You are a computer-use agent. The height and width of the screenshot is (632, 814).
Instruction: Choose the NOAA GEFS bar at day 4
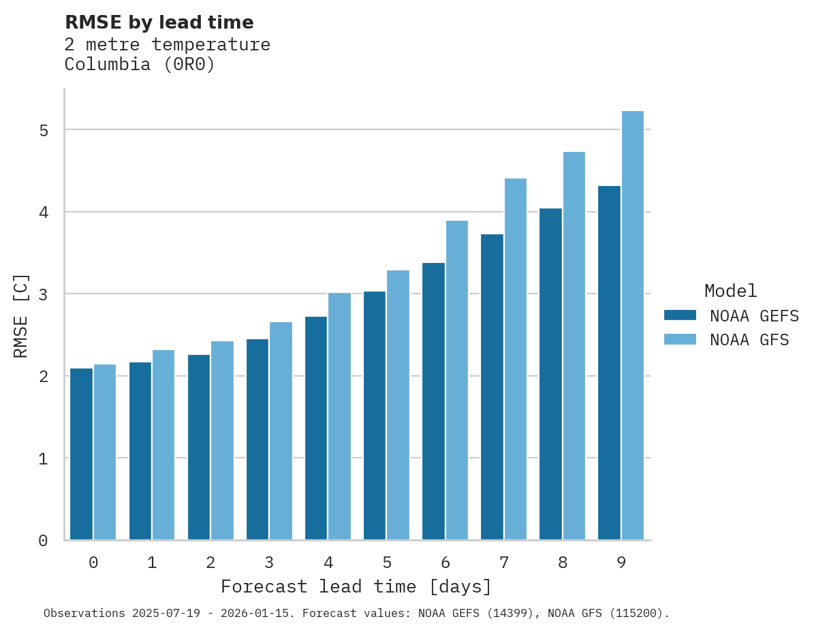coord(316,428)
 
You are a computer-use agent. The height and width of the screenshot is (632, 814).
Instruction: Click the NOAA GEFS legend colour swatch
coord(680,315)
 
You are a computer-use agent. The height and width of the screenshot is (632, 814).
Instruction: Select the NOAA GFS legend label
coord(749,340)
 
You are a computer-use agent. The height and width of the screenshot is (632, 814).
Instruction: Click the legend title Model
coord(730,291)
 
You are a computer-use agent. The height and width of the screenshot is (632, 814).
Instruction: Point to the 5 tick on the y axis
coord(44,130)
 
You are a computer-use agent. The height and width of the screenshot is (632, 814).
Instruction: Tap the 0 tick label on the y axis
coord(44,541)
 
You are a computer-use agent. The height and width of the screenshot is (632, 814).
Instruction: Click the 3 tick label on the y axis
coord(44,294)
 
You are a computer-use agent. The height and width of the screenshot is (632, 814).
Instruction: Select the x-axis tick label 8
coord(563,563)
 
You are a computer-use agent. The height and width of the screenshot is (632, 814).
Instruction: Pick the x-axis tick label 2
coord(210,563)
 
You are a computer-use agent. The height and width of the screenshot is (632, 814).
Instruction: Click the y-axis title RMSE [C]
coord(21,315)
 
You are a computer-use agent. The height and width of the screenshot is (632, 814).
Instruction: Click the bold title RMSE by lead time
coord(159,22)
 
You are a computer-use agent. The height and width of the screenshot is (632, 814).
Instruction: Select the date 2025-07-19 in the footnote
coord(163,614)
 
